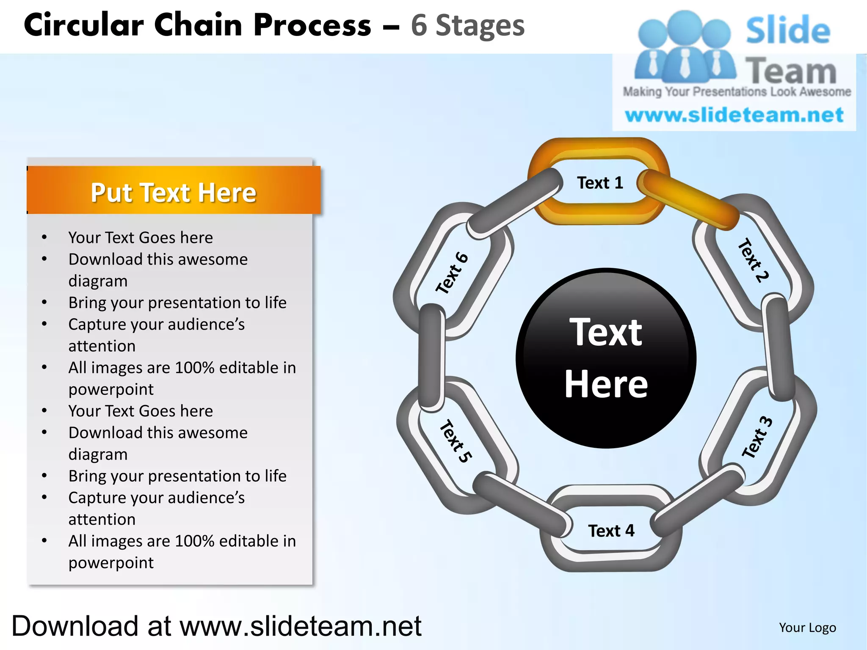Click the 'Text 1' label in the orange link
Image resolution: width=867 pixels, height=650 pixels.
coord(600,183)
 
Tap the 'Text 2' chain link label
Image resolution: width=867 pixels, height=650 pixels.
coord(753,260)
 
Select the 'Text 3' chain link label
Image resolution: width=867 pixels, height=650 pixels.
coord(757,437)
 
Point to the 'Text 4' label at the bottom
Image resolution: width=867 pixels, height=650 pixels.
coord(611,531)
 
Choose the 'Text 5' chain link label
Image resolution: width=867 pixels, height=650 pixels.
coord(456,441)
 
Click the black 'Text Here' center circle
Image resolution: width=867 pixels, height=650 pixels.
coord(606,358)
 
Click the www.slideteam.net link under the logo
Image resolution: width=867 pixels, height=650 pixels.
coord(734,115)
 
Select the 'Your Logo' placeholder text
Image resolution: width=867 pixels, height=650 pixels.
coord(807,628)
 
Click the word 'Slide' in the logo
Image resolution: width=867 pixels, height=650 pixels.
coord(788,30)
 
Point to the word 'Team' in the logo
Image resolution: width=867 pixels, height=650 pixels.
coord(791,71)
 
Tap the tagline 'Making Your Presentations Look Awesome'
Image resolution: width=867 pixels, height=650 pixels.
coord(737,91)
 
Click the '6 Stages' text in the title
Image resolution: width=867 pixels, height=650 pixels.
coord(467,25)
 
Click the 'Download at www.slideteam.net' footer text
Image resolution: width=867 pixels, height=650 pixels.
coord(216,626)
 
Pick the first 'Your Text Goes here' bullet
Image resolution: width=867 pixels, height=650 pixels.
coord(141,237)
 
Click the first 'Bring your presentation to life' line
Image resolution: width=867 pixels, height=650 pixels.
coord(177,303)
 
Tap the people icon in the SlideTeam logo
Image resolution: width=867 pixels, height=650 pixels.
coord(685,47)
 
